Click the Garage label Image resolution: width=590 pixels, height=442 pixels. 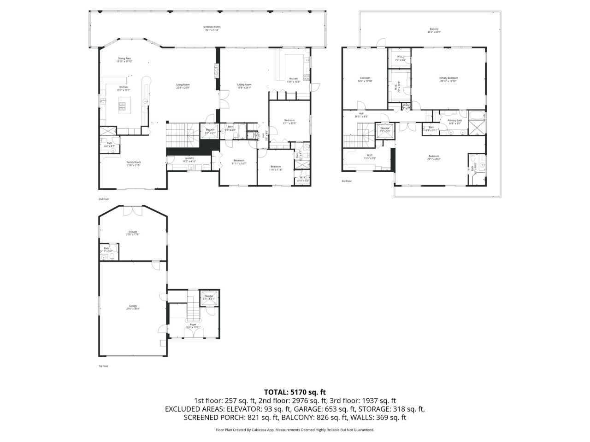coord(133,308)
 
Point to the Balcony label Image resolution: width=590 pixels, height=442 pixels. coord(434,31)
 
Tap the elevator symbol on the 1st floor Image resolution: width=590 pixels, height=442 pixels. coord(209,297)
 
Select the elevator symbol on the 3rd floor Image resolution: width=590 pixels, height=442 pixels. coord(384,129)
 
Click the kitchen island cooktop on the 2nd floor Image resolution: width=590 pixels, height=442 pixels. coord(123,106)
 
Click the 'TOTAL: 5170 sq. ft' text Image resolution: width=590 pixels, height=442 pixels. coord(295,392)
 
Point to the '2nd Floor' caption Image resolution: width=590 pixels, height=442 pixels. coord(103,199)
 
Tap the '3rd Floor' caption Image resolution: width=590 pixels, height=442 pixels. coord(347,181)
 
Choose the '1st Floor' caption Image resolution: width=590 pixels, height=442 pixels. coord(103,366)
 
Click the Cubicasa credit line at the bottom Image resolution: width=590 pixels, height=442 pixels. coord(295,430)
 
